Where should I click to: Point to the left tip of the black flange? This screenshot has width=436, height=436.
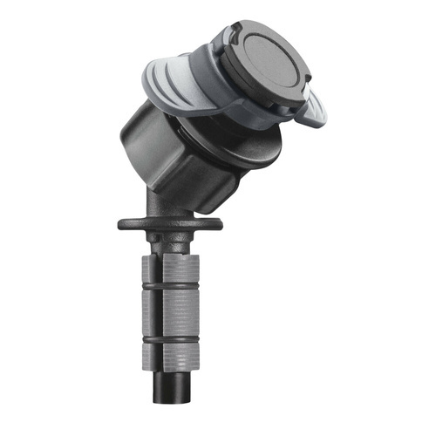[x=123, y=224]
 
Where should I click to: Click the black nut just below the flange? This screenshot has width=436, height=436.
[x=170, y=240]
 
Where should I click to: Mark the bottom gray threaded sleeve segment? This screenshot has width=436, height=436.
[x=170, y=354]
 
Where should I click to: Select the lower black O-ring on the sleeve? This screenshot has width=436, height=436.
[x=170, y=336]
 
